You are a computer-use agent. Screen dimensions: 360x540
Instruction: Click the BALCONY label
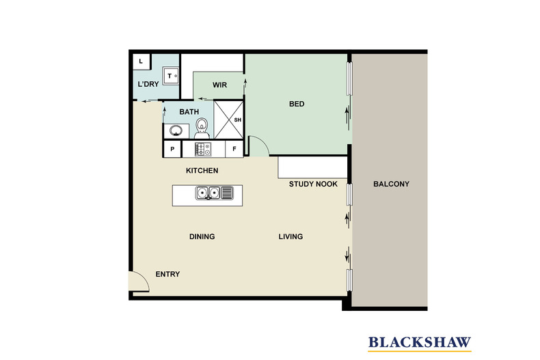[x=391, y=184]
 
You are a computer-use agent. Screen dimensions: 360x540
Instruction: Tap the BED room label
[x=297, y=104]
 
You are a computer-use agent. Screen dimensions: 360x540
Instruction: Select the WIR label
[x=219, y=85]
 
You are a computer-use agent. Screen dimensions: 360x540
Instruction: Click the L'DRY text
[x=148, y=85]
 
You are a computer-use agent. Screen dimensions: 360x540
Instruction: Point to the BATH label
[x=189, y=111]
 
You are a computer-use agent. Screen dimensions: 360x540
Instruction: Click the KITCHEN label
[x=202, y=170]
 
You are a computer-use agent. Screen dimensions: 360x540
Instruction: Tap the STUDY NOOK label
[x=313, y=184]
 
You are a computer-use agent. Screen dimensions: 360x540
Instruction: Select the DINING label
[x=202, y=237]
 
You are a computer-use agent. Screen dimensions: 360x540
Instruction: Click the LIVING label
[x=291, y=237]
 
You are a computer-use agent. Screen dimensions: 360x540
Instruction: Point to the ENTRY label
[x=167, y=274]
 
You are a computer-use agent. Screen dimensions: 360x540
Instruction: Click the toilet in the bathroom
[x=202, y=127]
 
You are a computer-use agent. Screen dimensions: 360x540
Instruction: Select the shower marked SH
[x=230, y=120]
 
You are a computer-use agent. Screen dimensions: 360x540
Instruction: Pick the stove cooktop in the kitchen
[x=203, y=148]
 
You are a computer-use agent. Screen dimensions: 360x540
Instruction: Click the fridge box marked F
[x=234, y=148]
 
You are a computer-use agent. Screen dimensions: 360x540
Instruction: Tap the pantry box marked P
[x=172, y=148]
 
